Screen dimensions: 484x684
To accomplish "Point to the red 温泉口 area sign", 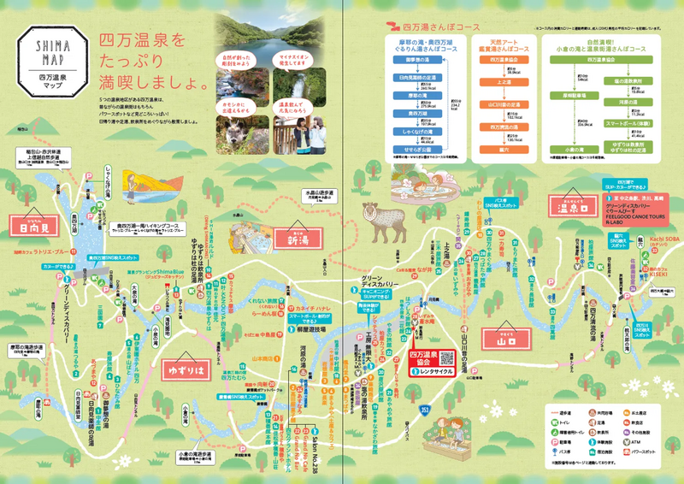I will point(574,206).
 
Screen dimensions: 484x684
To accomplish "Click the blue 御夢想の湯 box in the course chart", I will point(412,61).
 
